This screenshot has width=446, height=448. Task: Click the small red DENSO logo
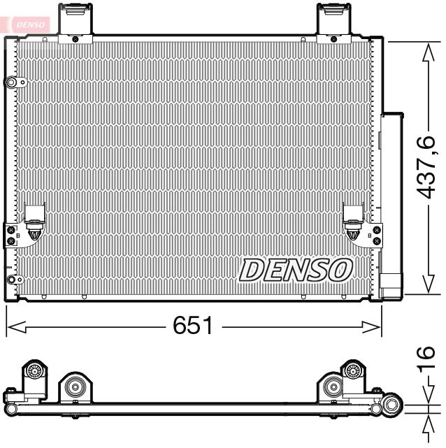29,24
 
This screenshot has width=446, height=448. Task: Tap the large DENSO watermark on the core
296,269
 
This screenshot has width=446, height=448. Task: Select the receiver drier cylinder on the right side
391,196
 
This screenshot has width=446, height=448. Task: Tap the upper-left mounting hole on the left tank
12,83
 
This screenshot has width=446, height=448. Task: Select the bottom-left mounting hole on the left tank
10,280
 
